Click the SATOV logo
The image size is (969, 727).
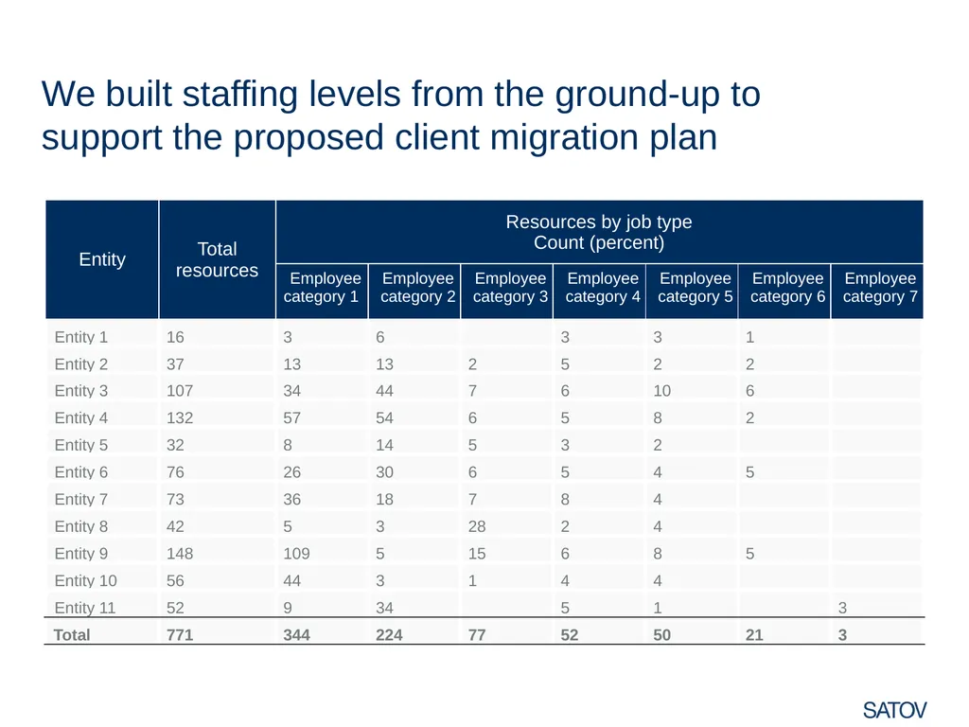click(894, 710)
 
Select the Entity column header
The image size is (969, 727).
click(102, 259)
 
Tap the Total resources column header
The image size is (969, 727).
click(217, 259)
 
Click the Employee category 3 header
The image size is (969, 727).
click(510, 288)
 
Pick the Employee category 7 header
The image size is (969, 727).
click(880, 288)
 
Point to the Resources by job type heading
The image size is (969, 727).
click(599, 222)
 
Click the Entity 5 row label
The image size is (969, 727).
click(81, 445)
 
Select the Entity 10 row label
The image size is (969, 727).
click(85, 580)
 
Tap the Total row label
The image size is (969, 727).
click(72, 635)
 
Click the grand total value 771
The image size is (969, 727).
click(180, 635)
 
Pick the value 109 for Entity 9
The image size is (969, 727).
click(296, 553)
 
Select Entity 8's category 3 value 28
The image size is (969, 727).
click(477, 526)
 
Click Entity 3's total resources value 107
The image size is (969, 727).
click(180, 391)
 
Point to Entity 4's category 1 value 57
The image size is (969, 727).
click(291, 417)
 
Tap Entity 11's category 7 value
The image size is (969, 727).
click(842, 608)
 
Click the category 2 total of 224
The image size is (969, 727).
click(389, 635)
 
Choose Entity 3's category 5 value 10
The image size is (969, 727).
click(661, 391)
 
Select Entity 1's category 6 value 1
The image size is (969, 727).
click(749, 337)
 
